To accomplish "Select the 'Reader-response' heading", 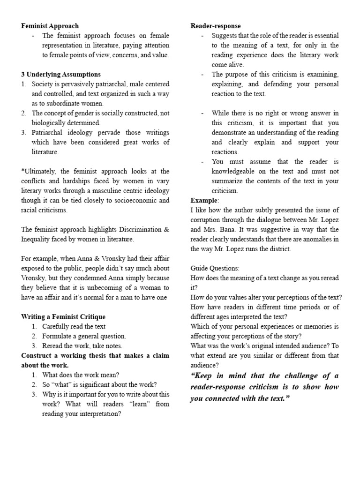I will (215, 26).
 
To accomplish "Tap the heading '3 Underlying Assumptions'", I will (61, 75).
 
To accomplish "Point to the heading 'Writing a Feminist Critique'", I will (63, 317).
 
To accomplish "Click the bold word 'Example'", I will (204, 201).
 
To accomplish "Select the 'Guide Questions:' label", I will (215, 268).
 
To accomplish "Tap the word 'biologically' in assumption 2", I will (49, 123).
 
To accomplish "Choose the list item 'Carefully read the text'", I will (74, 327).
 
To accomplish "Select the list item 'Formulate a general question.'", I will (84, 336).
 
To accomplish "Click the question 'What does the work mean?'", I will (81, 375).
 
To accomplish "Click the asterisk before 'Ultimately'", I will (22, 172).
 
